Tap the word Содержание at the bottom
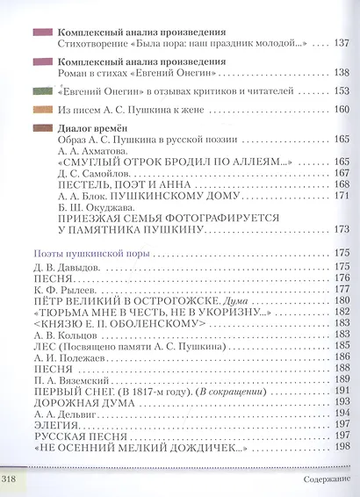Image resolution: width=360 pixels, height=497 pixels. (314, 481)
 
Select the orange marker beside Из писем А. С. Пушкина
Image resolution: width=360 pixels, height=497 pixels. (40, 110)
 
